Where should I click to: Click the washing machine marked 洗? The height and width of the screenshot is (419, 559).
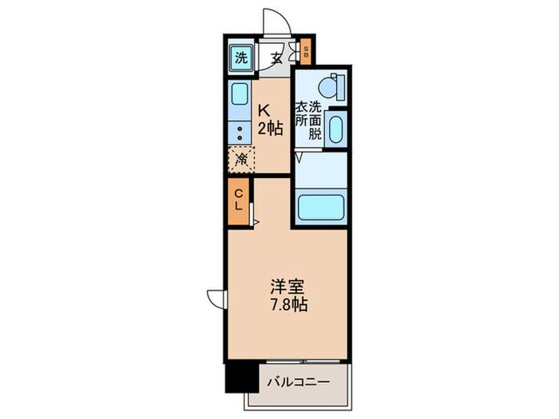[240, 57]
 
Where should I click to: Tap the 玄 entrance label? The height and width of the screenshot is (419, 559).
[276, 57]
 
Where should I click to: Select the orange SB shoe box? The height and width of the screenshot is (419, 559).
[306, 53]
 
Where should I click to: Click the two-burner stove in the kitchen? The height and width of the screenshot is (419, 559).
[240, 132]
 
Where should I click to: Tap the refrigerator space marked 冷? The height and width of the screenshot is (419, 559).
[241, 158]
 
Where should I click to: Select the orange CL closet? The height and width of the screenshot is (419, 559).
[238, 197]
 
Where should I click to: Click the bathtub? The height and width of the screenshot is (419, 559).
[321, 207]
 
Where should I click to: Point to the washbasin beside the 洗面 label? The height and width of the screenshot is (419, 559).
[335, 128]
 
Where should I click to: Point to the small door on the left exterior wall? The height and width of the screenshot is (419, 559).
[216, 298]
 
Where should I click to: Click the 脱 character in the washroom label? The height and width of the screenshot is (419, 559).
[315, 134]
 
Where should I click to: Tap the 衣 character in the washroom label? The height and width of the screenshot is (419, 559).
[302, 108]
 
